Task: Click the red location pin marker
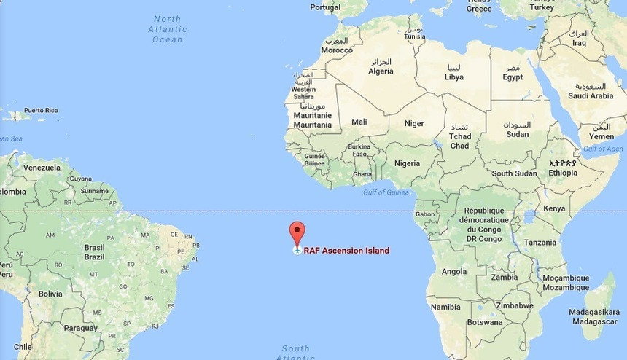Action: [x=297, y=232]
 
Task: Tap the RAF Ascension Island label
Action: [x=346, y=251]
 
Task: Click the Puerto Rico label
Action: [x=40, y=111]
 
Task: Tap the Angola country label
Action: [x=454, y=272]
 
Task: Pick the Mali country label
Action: [x=359, y=122]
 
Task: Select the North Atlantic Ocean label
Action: [x=168, y=29]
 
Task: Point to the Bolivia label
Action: [x=50, y=294]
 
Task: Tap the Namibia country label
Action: [x=445, y=307]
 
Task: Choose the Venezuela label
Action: [x=42, y=168]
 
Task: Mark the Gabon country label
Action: [x=424, y=214]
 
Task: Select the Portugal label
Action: [x=325, y=7]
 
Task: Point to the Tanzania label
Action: [x=540, y=243]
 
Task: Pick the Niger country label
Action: [x=414, y=123]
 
